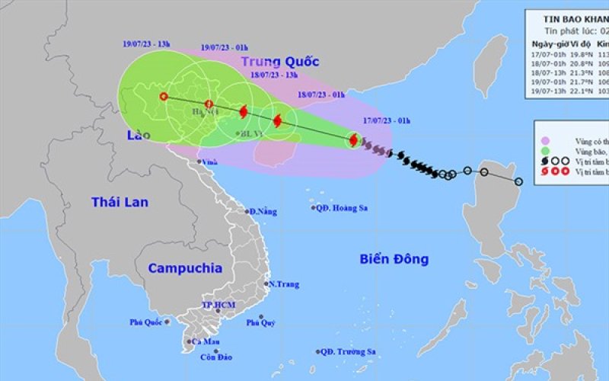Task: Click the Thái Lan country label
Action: (x=120, y=202)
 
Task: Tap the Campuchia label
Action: (x=185, y=268)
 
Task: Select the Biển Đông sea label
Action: (x=394, y=259)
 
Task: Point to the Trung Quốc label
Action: (x=280, y=62)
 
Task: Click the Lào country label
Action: (x=138, y=135)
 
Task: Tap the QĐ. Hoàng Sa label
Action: (x=339, y=207)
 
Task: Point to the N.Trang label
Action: (x=283, y=284)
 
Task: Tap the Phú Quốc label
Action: (x=145, y=322)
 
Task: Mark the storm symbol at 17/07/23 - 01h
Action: (x=354, y=139)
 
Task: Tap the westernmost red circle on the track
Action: (x=163, y=96)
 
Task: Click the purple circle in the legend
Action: (x=545, y=140)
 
